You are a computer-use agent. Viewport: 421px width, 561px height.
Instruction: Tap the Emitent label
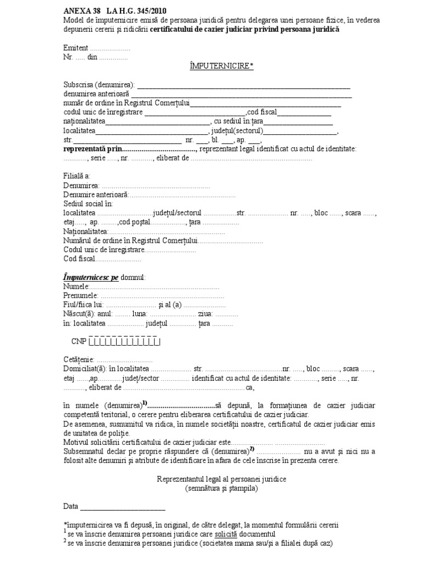point(75,48)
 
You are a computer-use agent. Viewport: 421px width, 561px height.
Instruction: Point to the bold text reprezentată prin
point(91,149)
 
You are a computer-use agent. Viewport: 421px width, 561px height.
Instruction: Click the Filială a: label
point(77,176)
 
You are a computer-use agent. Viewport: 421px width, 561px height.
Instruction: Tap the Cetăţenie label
point(79,359)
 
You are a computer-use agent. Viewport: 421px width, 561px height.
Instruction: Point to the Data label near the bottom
point(71,506)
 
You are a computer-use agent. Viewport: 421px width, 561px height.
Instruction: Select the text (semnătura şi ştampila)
point(221,487)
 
